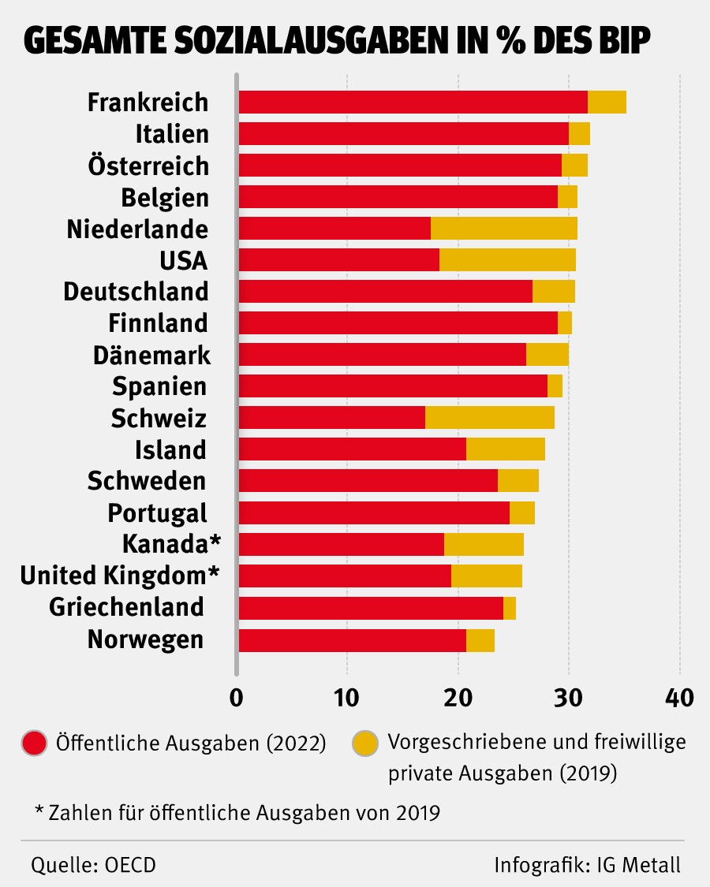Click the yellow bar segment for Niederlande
504,229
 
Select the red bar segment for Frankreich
413,102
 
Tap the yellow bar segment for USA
507,260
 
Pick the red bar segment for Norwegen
352,640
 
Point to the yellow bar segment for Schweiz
490,418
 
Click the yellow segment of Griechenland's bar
510,608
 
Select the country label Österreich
159,166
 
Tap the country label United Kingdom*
118,576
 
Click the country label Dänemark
151,356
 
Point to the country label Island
170,450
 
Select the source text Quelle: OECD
93,864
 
